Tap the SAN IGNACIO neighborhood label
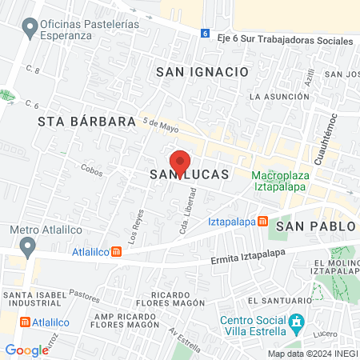[202, 71]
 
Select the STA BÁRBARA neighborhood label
[86, 122]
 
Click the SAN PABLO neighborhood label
[315, 226]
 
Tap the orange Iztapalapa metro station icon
[262, 222]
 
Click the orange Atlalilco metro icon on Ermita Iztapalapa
[116, 251]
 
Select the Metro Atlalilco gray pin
[29, 246]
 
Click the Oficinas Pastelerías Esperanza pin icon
[30, 30]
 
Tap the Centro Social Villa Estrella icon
[297, 325]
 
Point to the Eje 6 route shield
[205, 34]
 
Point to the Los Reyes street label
[135, 226]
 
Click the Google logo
[26, 350]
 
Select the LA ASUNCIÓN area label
[277, 97]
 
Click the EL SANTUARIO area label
[274, 300]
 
